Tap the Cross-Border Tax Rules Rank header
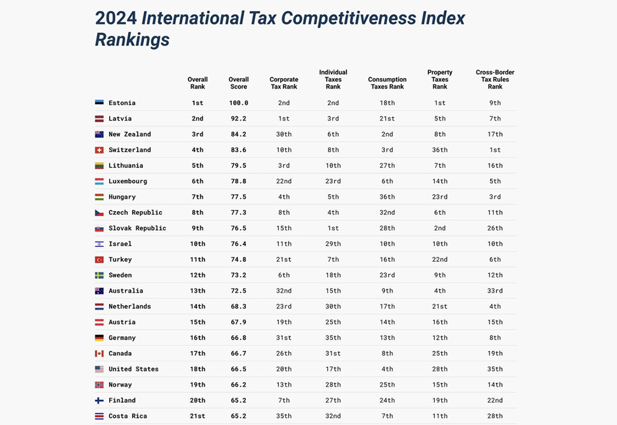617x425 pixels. [495, 79]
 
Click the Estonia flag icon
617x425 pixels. [99, 103]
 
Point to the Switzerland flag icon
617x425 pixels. [99, 150]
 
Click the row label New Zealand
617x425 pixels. [130, 134]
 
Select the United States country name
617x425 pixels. [133, 369]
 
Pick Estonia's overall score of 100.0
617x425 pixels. [239, 103]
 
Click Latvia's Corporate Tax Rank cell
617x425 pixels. [284, 119]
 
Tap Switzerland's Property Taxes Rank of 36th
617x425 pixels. [440, 150]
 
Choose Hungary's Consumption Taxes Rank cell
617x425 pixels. [387, 197]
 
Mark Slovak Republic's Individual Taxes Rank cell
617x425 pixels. [333, 228]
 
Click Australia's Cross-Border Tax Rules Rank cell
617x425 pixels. [495, 291]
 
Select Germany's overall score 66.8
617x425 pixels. [239, 338]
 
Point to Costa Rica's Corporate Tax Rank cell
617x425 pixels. [284, 416]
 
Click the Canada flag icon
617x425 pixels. [99, 353]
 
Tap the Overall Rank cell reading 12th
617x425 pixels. [198, 275]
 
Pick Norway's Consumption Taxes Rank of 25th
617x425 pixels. [387, 385]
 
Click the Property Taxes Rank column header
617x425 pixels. [440, 79]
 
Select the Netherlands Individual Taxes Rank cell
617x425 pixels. [333, 306]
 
